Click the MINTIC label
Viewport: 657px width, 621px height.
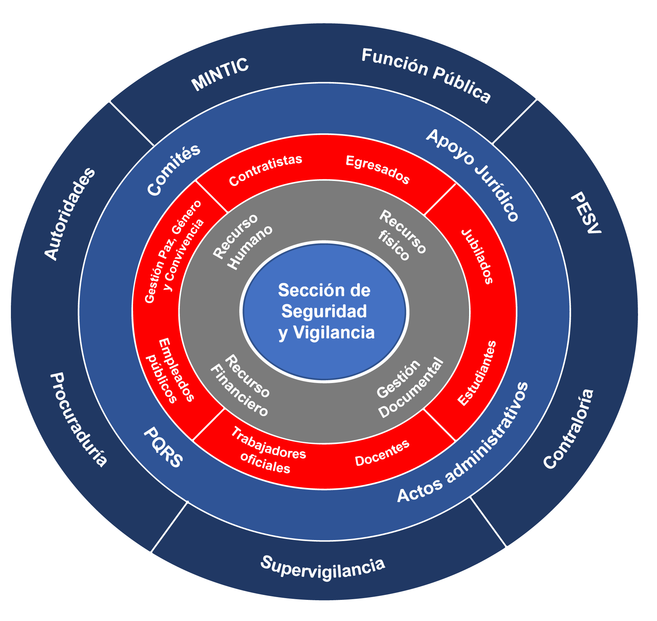(x=220, y=75)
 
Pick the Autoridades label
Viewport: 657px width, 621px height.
(x=70, y=214)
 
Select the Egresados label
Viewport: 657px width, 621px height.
(x=378, y=170)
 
